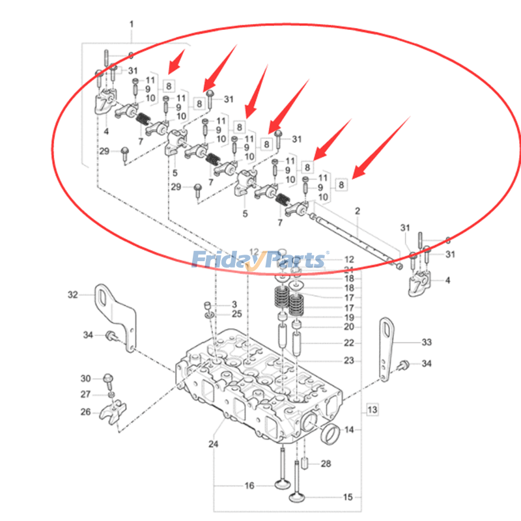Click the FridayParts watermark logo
[259, 260]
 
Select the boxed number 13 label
[371, 410]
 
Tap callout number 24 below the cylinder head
[213, 445]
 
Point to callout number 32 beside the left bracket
[72, 294]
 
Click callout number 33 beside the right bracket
[427, 341]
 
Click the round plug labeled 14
[330, 432]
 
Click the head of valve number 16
[282, 485]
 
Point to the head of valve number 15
[300, 498]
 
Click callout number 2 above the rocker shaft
[357, 211]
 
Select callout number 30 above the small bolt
[85, 378]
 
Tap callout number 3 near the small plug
[235, 304]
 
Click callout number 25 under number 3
[236, 315]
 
